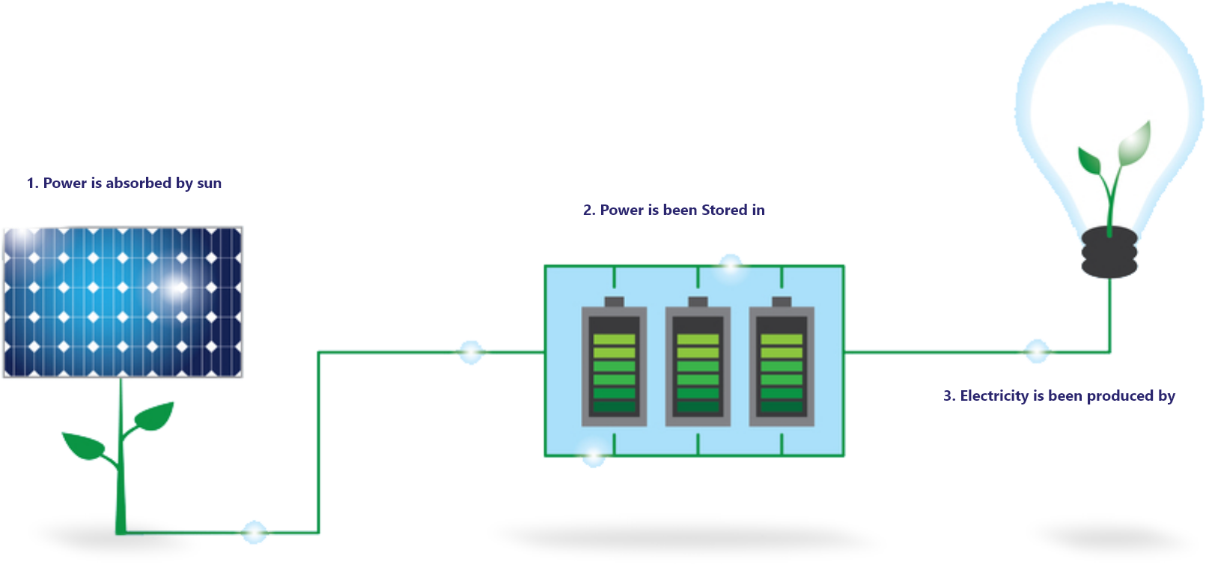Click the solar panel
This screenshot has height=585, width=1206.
pos(123,302)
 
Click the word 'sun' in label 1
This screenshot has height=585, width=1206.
pos(209,184)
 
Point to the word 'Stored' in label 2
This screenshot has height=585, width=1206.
pos(723,210)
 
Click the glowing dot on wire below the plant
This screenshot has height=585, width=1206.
pos(254,533)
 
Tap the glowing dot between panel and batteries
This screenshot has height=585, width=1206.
pos(471,351)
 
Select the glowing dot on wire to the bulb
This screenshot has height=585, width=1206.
pos(1037,351)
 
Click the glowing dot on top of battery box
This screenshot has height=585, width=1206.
pos(730,263)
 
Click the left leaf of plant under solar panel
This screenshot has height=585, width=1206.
pos(85,446)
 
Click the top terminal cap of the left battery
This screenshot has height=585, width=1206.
pos(614,302)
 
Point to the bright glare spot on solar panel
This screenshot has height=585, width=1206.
pos(178,286)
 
